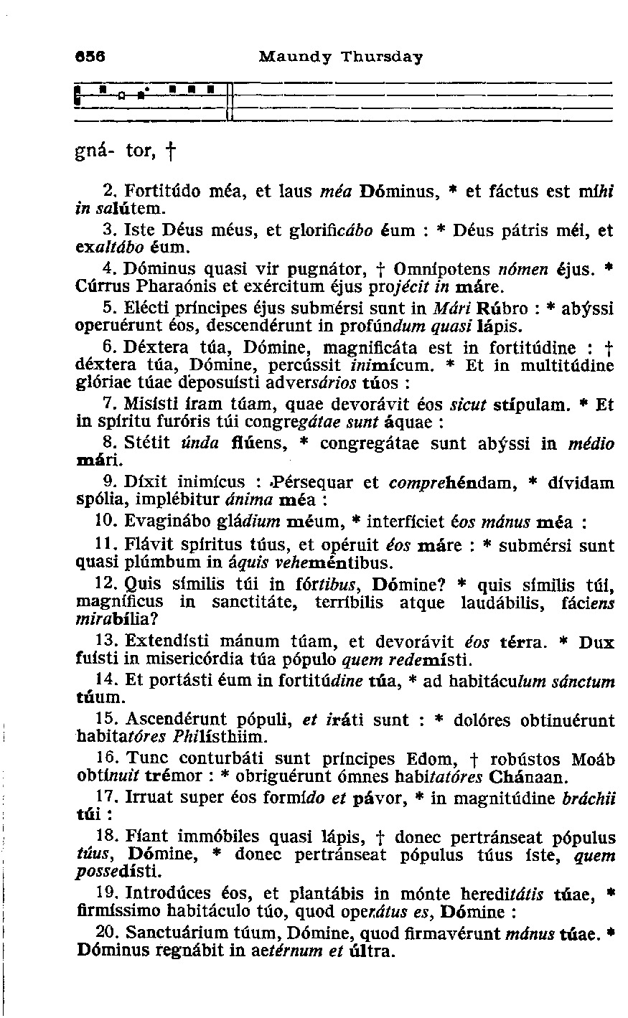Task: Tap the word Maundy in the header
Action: pos(290,57)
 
